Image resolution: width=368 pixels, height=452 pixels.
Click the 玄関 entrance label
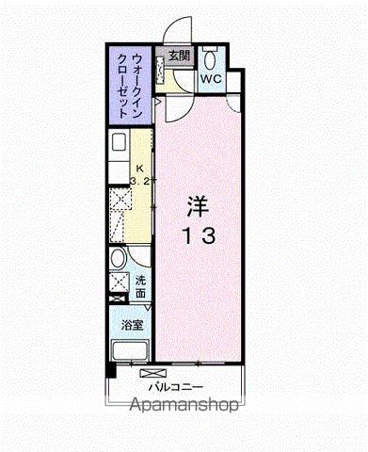(x=180, y=56)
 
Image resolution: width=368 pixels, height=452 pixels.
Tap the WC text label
(x=209, y=79)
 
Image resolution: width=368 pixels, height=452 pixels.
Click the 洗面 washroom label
(x=139, y=286)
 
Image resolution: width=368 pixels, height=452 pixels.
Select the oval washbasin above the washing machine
(x=117, y=260)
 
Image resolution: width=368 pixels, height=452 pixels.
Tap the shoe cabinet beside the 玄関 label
(x=161, y=68)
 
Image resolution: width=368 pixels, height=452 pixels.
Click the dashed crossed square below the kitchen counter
(x=120, y=201)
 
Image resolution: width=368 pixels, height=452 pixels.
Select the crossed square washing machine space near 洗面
(x=119, y=282)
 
